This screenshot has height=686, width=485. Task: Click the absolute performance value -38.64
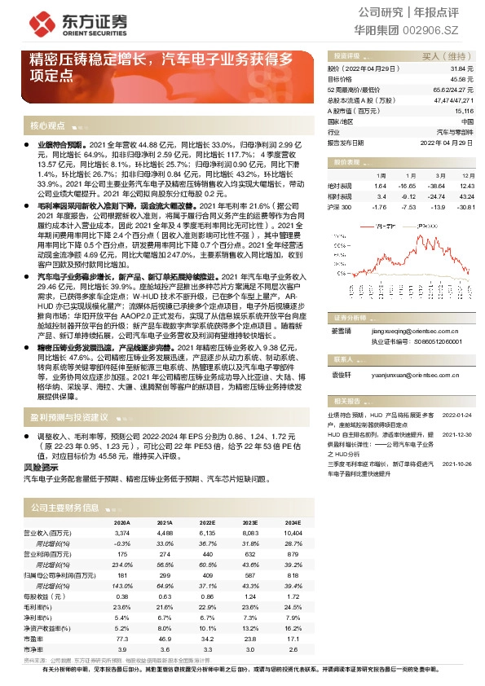431,186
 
